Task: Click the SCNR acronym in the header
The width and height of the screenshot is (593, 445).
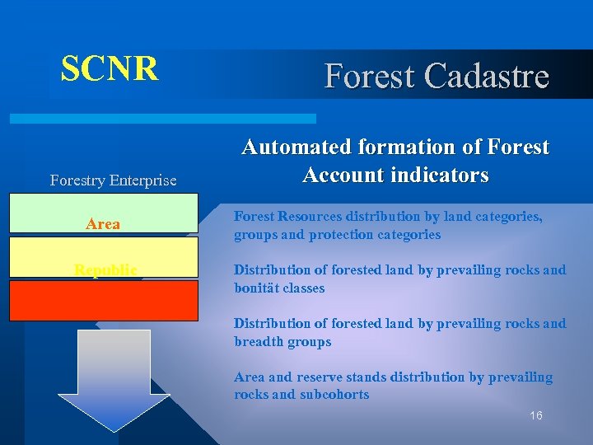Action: click(110, 69)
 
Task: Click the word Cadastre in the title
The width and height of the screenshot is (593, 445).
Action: click(487, 76)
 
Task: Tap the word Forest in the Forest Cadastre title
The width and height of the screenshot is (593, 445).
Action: click(371, 76)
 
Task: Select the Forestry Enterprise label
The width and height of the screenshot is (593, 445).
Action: click(113, 180)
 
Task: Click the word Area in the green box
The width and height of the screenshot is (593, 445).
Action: click(103, 224)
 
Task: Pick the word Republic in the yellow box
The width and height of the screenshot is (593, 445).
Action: click(105, 269)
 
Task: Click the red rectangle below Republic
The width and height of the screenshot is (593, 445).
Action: click(104, 300)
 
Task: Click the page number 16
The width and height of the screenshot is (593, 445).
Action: click(535, 416)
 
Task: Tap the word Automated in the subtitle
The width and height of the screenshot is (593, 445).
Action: click(292, 148)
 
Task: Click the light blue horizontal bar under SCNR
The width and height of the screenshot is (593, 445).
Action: click(162, 119)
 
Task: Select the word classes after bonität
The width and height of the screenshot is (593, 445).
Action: click(303, 288)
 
